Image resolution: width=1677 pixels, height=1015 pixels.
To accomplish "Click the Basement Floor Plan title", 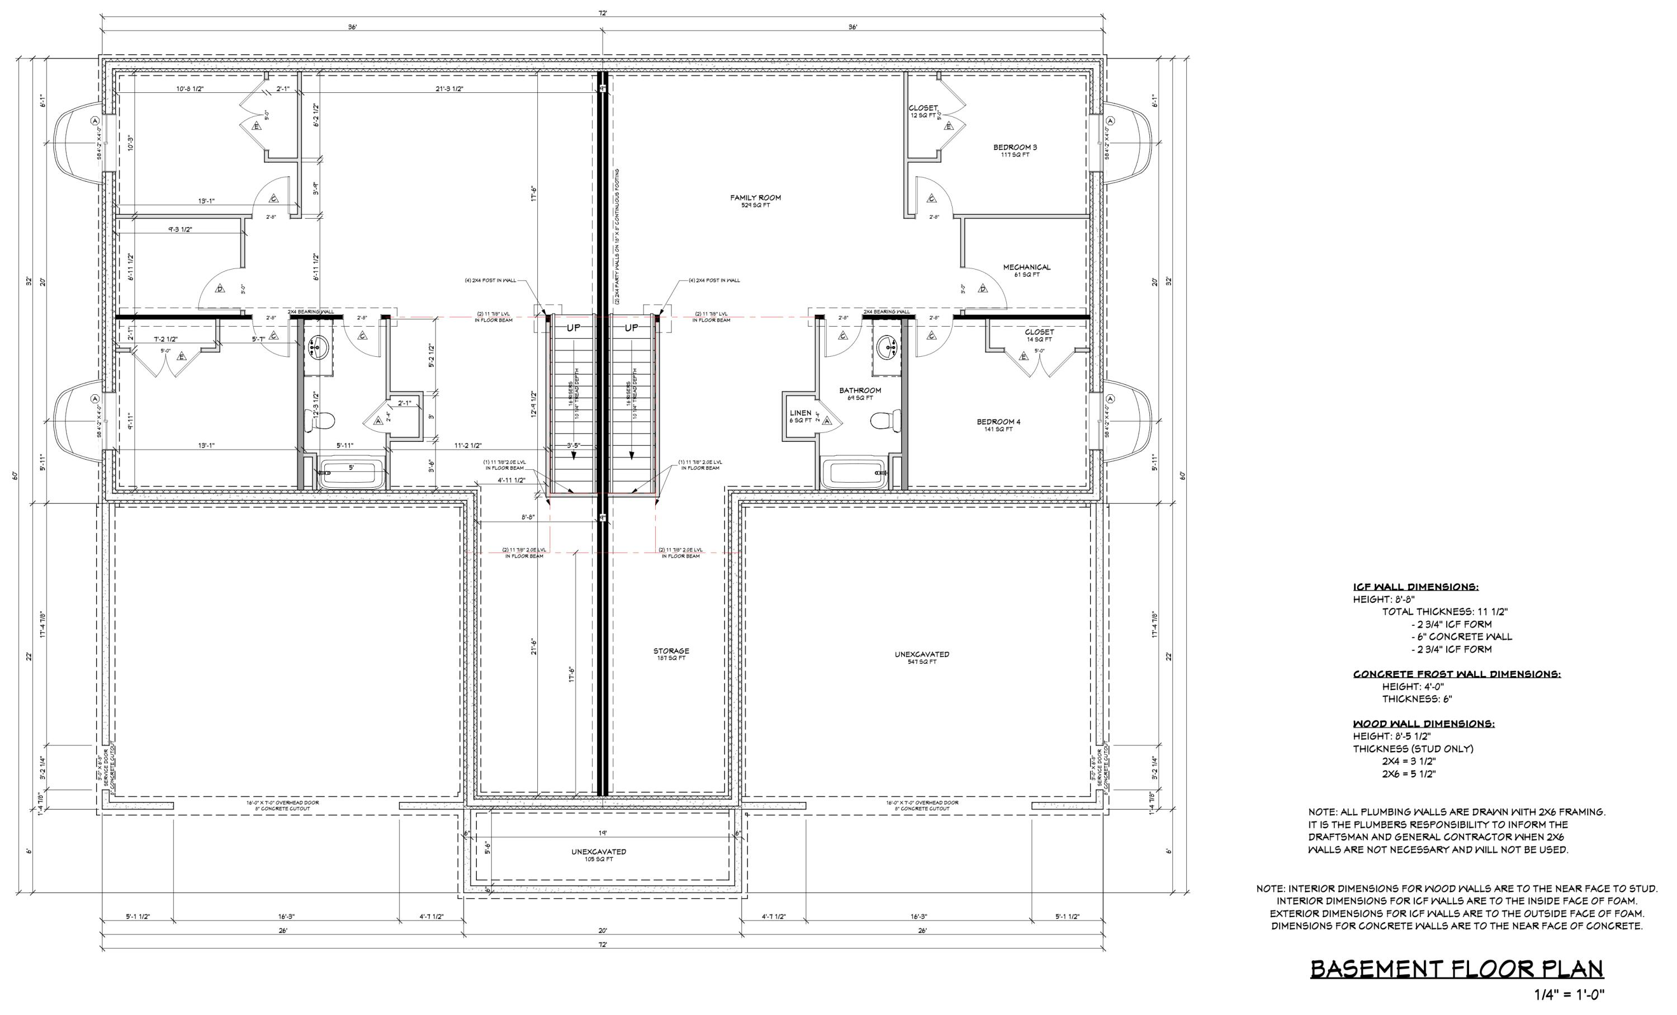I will click(1457, 969).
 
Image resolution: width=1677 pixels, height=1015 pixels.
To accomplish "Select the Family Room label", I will click(755, 198).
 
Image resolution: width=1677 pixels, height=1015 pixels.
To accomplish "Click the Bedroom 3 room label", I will click(1015, 148).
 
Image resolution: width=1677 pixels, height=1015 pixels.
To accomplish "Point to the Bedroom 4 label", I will click(998, 422).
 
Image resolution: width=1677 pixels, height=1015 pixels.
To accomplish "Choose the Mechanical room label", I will click(1026, 267).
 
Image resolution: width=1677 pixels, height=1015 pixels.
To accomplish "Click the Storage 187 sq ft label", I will click(671, 652).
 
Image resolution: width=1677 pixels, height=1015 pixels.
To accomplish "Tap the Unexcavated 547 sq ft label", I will click(922, 655).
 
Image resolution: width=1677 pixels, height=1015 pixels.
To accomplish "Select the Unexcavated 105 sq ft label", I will click(598, 852).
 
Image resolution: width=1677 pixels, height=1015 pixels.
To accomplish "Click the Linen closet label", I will click(800, 413).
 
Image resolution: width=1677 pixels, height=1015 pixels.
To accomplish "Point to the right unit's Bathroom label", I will click(860, 391).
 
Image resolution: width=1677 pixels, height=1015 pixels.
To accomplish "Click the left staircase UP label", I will click(574, 328).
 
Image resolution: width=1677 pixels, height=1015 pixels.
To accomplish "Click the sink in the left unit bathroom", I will click(317, 349).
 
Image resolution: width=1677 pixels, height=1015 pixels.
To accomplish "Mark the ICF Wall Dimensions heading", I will click(1415, 587).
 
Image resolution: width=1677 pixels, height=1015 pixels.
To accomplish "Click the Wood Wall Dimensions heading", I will click(1423, 724).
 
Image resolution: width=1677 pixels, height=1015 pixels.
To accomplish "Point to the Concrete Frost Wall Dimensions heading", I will click(1457, 674).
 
